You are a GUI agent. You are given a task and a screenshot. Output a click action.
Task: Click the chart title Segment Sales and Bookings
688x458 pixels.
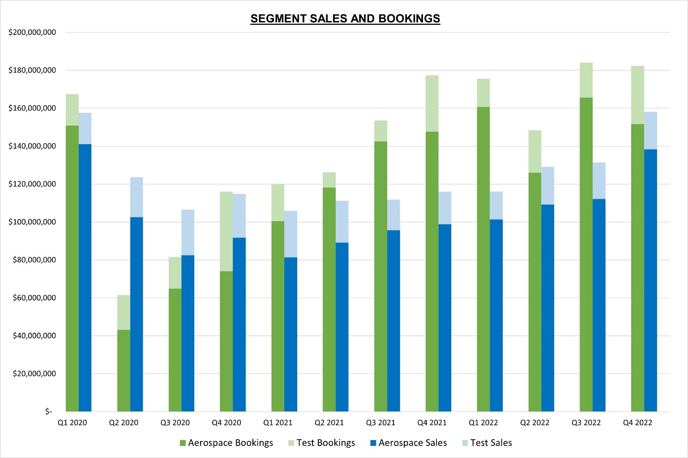click(345, 19)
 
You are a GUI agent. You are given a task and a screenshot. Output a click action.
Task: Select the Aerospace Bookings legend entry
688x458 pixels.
click(226, 443)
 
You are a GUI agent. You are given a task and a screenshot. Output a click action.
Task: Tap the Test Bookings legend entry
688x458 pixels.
click(321, 443)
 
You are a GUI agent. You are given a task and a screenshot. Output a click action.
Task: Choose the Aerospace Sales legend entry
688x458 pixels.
click(408, 443)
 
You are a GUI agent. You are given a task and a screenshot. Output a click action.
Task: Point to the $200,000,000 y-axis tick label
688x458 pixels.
click(32, 32)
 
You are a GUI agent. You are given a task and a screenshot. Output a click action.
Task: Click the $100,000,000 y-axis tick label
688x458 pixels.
click(32, 222)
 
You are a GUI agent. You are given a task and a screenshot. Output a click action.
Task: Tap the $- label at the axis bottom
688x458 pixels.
click(48, 411)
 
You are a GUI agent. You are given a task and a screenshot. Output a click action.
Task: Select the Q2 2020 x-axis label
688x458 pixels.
click(124, 423)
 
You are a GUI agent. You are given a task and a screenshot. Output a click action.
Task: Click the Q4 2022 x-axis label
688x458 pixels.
click(637, 423)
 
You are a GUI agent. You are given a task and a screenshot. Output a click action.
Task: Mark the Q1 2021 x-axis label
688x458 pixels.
click(278, 423)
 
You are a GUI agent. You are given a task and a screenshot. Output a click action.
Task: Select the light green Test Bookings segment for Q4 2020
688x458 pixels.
click(226, 231)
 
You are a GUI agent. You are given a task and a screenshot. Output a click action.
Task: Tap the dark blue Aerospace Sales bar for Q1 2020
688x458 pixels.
click(85, 278)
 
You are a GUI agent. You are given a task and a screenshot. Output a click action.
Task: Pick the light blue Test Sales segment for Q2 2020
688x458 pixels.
click(137, 197)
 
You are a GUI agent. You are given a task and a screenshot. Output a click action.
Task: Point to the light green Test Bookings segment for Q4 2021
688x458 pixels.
click(432, 103)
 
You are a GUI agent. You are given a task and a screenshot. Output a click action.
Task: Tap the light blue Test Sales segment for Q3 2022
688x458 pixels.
click(599, 181)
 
